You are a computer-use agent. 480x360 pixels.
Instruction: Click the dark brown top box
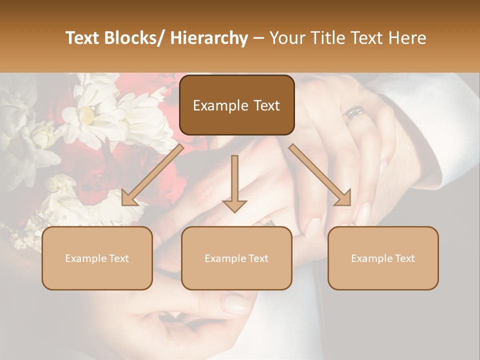[236, 105]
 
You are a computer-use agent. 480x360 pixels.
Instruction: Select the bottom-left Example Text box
[97, 258]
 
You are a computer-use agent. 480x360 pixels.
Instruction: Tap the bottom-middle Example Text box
[236, 258]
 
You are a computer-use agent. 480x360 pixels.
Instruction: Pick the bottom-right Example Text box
[383, 258]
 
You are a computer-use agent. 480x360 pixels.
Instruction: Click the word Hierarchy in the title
[209, 38]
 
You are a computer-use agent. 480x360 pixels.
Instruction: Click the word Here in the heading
[406, 38]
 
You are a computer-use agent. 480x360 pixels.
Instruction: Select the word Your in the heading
[285, 38]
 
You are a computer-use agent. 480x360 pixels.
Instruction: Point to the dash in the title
[258, 38]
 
